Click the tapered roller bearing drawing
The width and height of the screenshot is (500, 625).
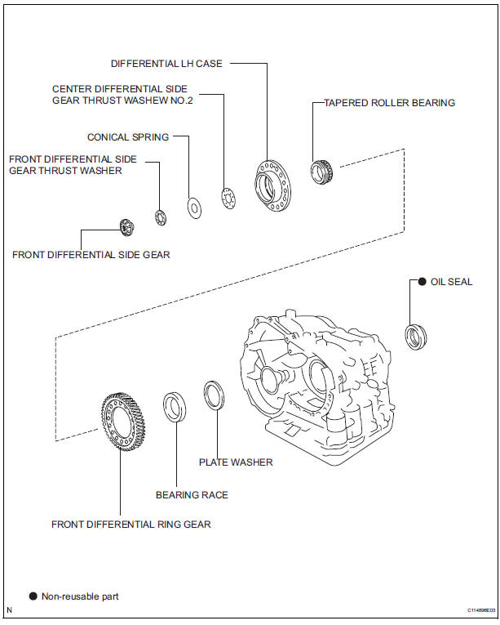(x=321, y=172)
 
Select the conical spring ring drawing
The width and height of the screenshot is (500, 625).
(x=194, y=208)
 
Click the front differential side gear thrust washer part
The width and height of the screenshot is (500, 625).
(x=161, y=217)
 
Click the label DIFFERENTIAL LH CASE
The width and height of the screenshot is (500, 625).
(x=167, y=63)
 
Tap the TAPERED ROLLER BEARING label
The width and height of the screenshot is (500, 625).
(x=389, y=103)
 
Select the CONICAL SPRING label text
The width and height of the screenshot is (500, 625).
(x=128, y=137)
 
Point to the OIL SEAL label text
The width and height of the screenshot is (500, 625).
(x=451, y=282)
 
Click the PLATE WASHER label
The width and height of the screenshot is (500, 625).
(x=236, y=462)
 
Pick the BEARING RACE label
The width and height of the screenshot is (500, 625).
(x=192, y=494)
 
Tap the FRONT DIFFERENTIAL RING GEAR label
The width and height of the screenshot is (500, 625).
(x=131, y=524)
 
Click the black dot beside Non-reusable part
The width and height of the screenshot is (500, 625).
(x=33, y=596)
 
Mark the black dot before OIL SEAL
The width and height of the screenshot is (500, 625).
(x=422, y=282)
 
